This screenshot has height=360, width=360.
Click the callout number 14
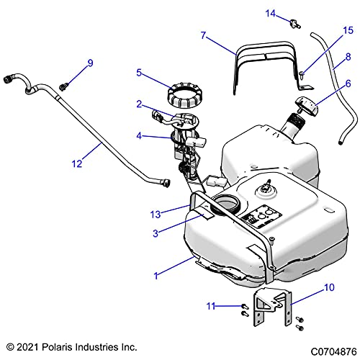pyautogui.click(x=271, y=14)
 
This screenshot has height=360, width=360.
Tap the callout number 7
pyautogui.click(x=204, y=35)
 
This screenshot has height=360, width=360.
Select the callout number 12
pyautogui.click(x=77, y=163)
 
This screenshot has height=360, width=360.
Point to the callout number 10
pyautogui.click(x=329, y=287)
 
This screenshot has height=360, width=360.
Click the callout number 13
pyautogui.click(x=156, y=215)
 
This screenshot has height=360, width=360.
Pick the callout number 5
pyautogui.click(x=139, y=73)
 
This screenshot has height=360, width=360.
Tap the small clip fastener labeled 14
pyautogui.click(x=295, y=24)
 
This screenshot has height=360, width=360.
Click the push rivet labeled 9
pyautogui.click(x=63, y=86)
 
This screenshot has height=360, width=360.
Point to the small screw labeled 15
pyautogui.click(x=302, y=75)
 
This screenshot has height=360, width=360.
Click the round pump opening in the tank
pyautogui.click(x=225, y=204)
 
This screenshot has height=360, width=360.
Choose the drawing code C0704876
pyautogui.click(x=333, y=352)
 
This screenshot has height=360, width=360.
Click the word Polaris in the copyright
pyautogui.click(x=57, y=347)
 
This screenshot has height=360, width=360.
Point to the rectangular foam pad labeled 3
pyautogui.click(x=201, y=214)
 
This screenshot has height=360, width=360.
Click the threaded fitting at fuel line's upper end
pyautogui.click(x=9, y=78)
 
